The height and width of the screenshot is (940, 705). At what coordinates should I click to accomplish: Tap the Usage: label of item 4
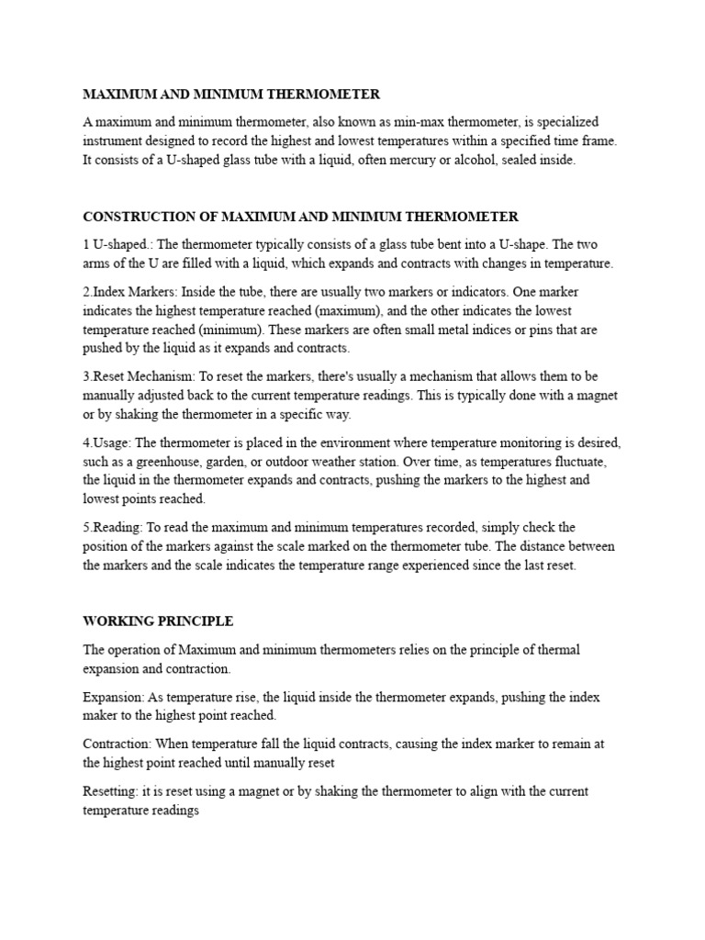(111, 443)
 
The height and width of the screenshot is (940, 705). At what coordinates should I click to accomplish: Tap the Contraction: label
(117, 744)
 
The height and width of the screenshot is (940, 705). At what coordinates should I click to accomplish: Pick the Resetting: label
(110, 791)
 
